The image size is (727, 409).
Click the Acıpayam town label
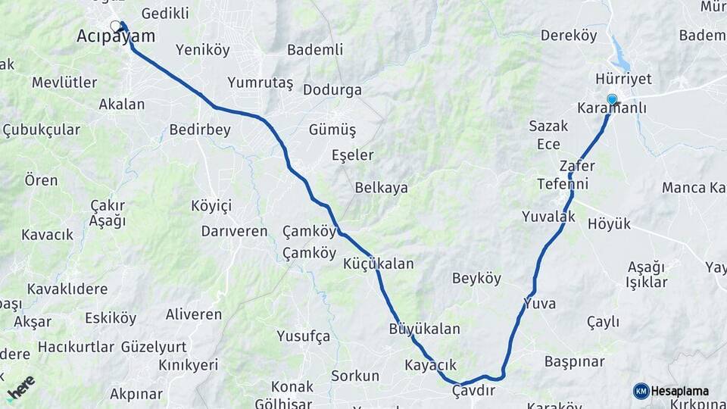pyautogui.click(x=116, y=36)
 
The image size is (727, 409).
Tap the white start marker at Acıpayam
pyautogui.click(x=115, y=27)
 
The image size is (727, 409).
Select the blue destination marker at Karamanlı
pyautogui.click(x=612, y=98)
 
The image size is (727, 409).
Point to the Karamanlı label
pyautogui.click(x=612, y=108)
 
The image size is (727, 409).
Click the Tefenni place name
pyautogui.click(x=563, y=183)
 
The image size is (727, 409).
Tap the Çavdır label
pyautogui.click(x=473, y=390)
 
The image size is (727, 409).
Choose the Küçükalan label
pyautogui.click(x=379, y=264)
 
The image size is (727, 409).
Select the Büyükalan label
pyautogui.click(x=424, y=329)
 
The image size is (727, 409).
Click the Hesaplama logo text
pyautogui.click(x=679, y=391)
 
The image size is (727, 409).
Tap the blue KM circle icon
pyautogui.click(x=641, y=391)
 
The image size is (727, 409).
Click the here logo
pyautogui.click(x=20, y=388)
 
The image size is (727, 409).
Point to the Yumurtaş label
pyautogui.click(x=260, y=83)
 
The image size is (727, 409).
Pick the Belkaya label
pyautogui.click(x=381, y=188)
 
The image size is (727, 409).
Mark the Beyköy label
pyautogui.click(x=477, y=278)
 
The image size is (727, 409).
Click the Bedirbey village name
pyautogui.click(x=200, y=130)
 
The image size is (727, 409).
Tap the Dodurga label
pyautogui.click(x=332, y=89)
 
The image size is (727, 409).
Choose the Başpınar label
pyautogui.click(x=574, y=361)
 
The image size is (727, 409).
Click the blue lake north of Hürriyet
pyautogui.click(x=621, y=55)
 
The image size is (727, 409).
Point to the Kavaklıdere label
pyautogui.click(x=67, y=289)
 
